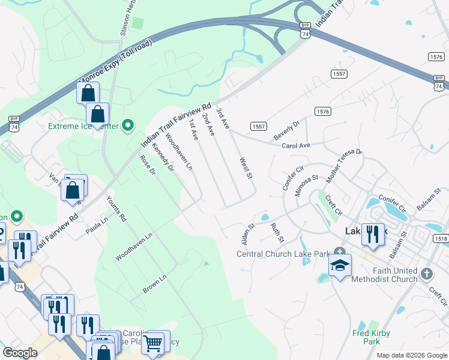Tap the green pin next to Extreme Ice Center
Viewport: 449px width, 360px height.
coord(127,125)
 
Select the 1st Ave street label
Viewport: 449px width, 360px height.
coord(193,129)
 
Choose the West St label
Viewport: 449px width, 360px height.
coord(245,168)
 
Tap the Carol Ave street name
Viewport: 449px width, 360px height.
coord(295,146)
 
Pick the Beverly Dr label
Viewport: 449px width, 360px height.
coord(287,128)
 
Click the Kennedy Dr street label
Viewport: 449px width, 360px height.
coord(163,157)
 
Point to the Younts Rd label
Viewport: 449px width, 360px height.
coord(117,209)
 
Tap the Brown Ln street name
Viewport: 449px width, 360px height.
coord(154,284)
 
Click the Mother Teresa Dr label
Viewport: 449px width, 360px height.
coord(345,165)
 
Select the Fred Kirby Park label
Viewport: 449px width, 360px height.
coord(371,337)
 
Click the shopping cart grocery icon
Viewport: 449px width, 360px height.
coord(153,343)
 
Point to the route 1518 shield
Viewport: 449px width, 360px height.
coord(440,238)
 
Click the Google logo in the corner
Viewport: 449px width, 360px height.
coord(20,353)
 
